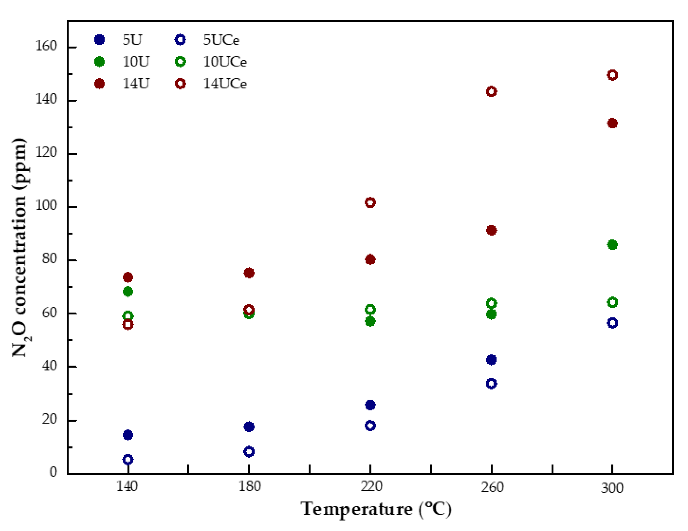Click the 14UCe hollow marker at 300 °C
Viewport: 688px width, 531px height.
(x=612, y=75)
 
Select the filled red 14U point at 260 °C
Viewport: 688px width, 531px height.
(x=491, y=230)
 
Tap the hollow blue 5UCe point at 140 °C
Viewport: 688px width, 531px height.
(x=128, y=459)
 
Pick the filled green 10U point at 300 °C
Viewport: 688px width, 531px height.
(x=612, y=245)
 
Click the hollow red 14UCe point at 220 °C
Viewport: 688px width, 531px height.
(x=370, y=203)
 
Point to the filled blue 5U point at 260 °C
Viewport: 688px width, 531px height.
(x=491, y=360)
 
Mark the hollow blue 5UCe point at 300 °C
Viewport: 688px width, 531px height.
(x=612, y=323)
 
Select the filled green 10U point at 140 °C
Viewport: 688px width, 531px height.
(x=128, y=292)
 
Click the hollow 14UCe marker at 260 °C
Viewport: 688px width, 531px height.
(x=491, y=91)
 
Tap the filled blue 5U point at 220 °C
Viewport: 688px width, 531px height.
(x=370, y=405)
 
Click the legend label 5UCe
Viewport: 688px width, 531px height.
(x=221, y=40)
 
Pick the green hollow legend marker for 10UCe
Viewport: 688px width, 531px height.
(x=180, y=62)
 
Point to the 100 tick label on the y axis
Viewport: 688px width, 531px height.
(x=46, y=205)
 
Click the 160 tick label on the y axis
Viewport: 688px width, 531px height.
(x=46, y=46)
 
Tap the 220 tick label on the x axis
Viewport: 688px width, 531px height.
(x=371, y=487)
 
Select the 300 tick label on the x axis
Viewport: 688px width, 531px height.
(x=612, y=488)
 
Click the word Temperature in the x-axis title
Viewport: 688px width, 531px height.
(x=357, y=509)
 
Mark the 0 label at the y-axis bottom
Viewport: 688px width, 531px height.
(x=53, y=472)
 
